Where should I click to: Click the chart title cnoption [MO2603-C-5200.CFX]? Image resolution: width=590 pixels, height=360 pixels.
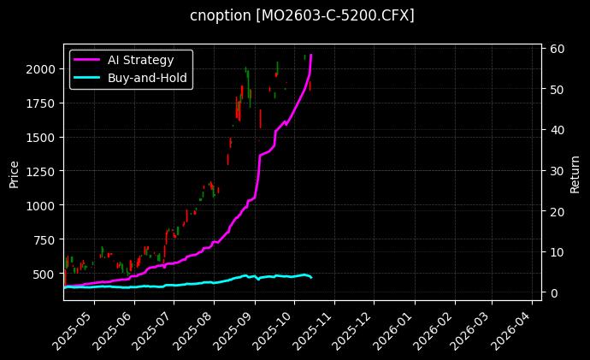point(302,16)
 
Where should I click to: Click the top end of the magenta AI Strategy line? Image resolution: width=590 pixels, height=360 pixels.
point(310,55)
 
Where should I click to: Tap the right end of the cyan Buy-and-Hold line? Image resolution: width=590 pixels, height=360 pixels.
point(311,278)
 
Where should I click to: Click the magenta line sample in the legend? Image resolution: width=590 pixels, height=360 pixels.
point(87,60)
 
